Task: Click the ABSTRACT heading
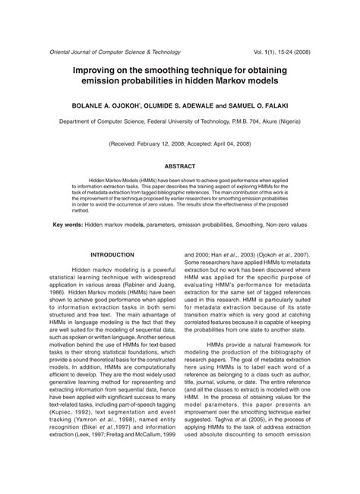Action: tap(180, 165)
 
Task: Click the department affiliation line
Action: tap(180, 120)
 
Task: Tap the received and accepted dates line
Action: tap(180, 143)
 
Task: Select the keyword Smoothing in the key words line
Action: tap(239, 225)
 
